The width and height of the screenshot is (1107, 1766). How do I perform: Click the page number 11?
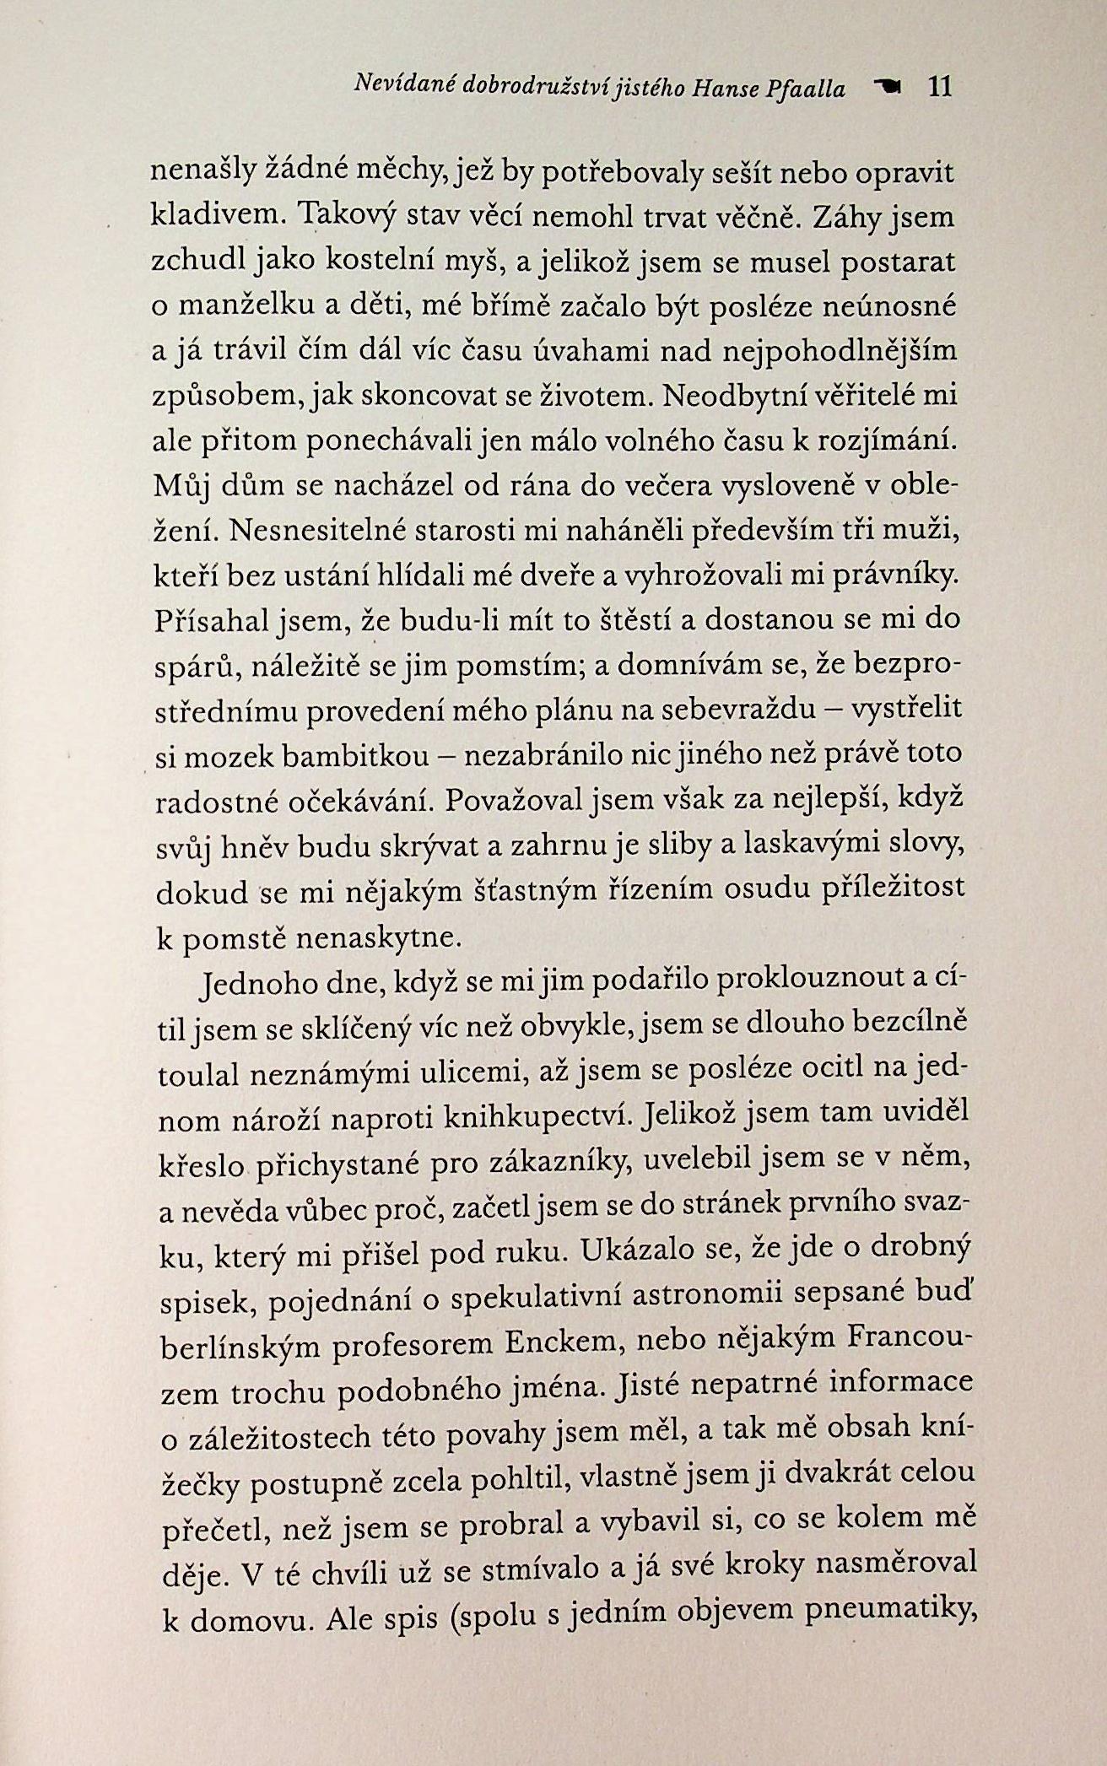(939, 87)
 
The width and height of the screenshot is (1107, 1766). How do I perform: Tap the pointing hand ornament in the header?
(888, 86)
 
